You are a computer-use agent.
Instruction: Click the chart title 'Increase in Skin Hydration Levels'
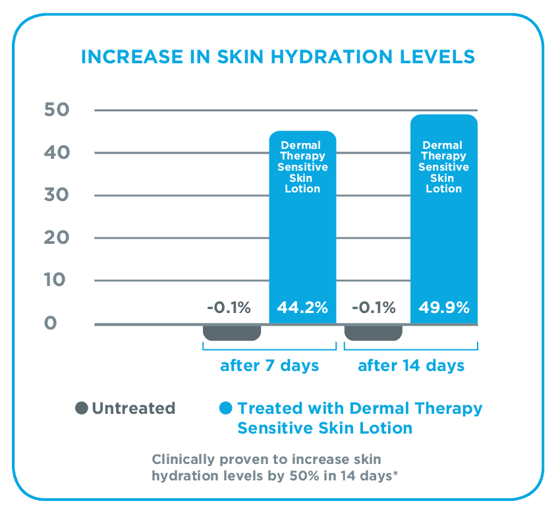click(277, 57)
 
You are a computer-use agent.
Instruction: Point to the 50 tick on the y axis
click(57, 109)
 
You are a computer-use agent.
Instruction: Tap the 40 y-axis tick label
click(57, 152)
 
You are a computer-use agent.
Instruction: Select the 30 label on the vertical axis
click(57, 195)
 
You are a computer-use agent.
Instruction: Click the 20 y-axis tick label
click(57, 238)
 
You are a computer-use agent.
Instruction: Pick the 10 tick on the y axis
click(57, 280)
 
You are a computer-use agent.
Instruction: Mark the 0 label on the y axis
click(51, 324)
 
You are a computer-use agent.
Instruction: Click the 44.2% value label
click(302, 308)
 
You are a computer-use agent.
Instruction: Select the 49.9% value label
click(444, 308)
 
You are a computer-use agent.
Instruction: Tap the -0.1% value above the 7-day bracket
click(228, 308)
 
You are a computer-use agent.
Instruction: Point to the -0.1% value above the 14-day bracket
click(373, 308)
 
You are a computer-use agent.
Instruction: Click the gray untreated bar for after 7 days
click(232, 332)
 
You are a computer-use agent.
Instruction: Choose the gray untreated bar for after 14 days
click(374, 332)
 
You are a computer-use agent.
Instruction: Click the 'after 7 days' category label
click(269, 366)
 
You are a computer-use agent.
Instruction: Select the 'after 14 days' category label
click(411, 366)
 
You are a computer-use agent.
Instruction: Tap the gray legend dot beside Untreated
click(82, 408)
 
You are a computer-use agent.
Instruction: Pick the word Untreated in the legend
click(134, 409)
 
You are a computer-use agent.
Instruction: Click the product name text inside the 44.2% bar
click(303, 167)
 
